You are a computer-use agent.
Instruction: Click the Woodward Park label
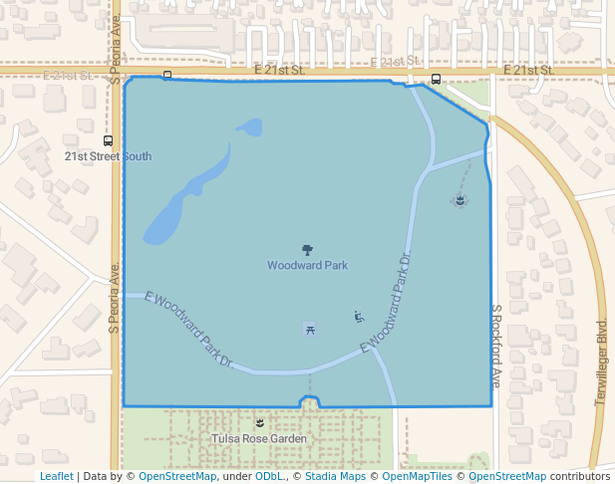[307, 266]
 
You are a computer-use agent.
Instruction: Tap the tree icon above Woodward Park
[307, 250]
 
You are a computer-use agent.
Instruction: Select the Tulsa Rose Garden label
[259, 438]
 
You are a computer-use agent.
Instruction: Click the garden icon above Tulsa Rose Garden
[260, 423]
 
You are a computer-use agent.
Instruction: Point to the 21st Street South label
[108, 156]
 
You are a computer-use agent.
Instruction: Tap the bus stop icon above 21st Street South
[108, 140]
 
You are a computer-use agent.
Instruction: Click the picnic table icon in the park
[311, 328]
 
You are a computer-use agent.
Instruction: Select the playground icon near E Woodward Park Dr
[358, 318]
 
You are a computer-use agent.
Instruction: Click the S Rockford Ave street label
[494, 346]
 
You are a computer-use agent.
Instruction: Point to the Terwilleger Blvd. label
[600, 361]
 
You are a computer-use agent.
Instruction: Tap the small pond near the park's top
[249, 127]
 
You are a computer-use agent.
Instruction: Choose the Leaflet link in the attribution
[56, 476]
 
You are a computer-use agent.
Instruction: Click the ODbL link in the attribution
[268, 476]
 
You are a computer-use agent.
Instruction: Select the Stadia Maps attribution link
[335, 476]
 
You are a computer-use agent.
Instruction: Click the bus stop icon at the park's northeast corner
[436, 79]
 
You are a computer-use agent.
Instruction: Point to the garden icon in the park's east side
[459, 200]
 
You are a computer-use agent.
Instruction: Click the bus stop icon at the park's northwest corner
[167, 75]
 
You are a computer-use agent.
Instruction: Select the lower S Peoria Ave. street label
[115, 297]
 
